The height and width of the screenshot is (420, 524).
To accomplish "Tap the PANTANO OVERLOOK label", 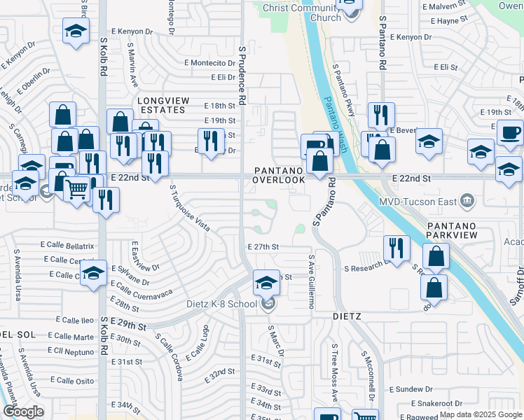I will click(280, 175).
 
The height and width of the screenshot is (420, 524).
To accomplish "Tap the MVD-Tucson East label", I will click(427, 202).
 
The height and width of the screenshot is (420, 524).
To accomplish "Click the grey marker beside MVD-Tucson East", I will click(468, 202).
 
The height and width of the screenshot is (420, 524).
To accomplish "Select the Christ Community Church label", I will click(302, 12).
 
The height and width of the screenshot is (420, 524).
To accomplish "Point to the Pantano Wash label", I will click(334, 116).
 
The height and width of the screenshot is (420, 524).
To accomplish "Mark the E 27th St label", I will click(263, 246).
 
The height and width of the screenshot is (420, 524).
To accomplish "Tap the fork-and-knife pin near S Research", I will click(397, 248).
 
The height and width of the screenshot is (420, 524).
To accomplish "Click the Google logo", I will click(23, 412).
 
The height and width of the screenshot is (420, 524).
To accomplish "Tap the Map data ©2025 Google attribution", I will click(480, 414).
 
